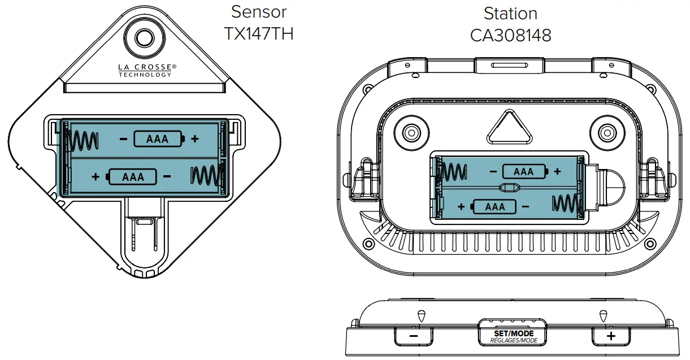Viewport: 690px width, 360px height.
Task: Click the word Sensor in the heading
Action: (x=259, y=11)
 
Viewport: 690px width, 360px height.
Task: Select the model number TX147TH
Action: (x=259, y=34)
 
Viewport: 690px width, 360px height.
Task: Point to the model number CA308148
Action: (x=510, y=35)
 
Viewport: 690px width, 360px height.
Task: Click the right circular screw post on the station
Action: (x=606, y=132)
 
